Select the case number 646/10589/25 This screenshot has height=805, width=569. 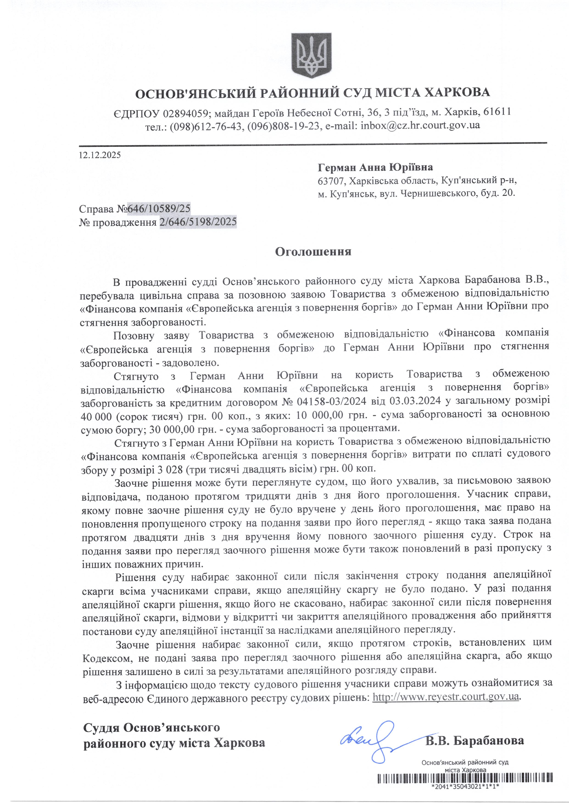coord(159,209)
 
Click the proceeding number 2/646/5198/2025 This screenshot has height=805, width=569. coord(198,222)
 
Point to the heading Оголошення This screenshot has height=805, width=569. coord(313,252)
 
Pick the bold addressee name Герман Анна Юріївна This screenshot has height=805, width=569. coord(375,167)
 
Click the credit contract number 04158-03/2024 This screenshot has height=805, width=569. coord(332,401)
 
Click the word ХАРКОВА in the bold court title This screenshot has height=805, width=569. coord(457,93)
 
